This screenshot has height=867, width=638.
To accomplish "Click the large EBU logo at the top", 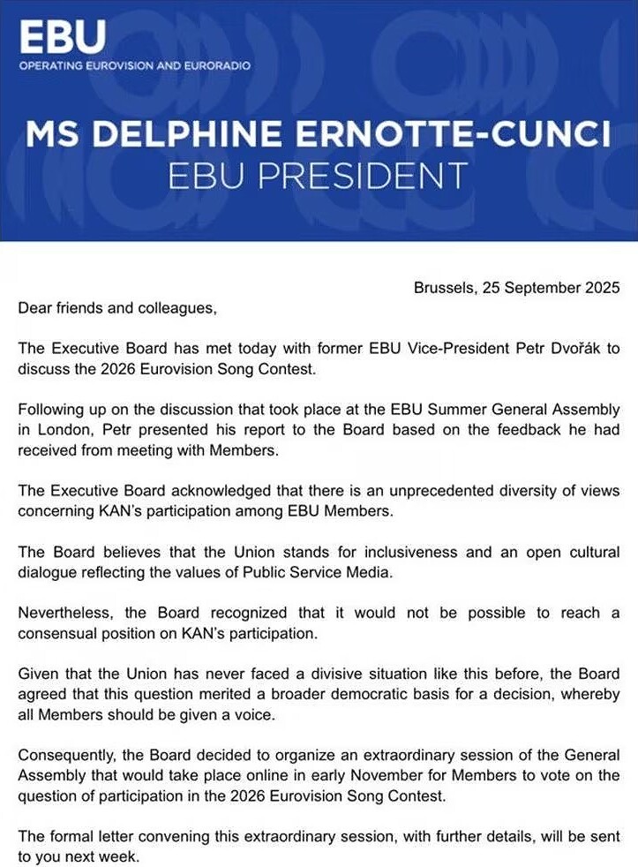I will coord(62,36).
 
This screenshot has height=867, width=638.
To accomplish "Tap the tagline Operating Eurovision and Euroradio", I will coord(134,66).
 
